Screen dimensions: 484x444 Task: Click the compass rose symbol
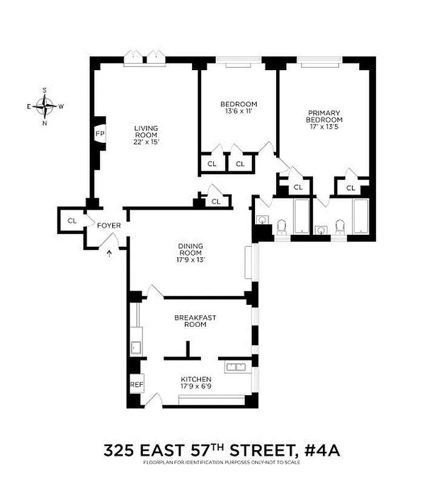click(x=45, y=106)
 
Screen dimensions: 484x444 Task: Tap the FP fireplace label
click(x=99, y=134)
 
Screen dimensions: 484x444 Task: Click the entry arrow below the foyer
click(x=109, y=252)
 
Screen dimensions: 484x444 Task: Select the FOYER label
click(x=109, y=226)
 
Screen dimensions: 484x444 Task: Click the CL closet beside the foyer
click(x=71, y=221)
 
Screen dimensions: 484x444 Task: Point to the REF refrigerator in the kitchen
click(x=136, y=384)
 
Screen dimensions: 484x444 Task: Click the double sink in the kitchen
click(x=234, y=365)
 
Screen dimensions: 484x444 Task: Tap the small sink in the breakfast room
click(x=135, y=347)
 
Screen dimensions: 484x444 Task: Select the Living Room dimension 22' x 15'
click(x=146, y=142)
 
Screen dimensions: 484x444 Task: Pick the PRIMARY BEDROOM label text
click(x=324, y=116)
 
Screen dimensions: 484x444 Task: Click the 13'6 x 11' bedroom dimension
click(x=239, y=111)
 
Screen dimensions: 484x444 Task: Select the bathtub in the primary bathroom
click(x=361, y=216)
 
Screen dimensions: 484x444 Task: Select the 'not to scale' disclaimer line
click(x=222, y=463)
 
